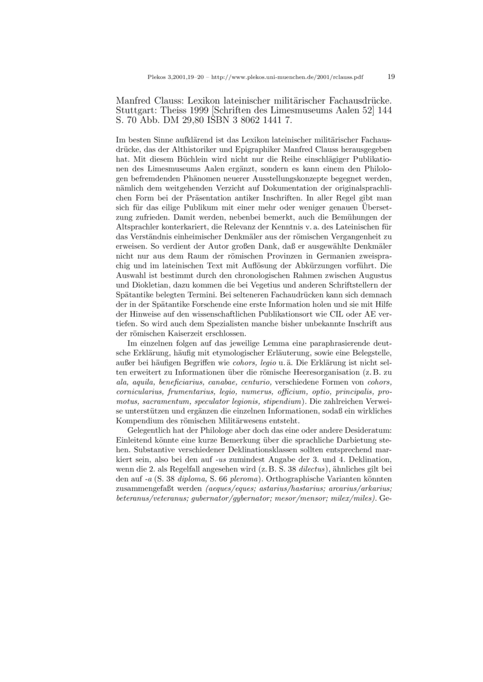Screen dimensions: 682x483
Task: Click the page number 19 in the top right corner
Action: (391, 77)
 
